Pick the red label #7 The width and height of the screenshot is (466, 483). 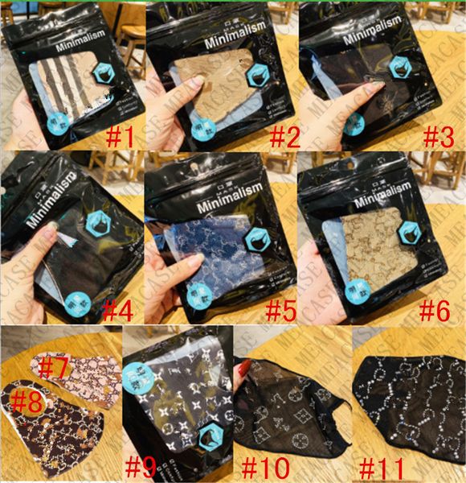tap(55, 367)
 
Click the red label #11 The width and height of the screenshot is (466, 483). tap(383, 466)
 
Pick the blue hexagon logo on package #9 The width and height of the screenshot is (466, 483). tap(212, 437)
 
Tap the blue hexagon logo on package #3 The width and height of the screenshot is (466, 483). tap(400, 68)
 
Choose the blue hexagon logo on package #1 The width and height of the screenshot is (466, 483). tap(104, 72)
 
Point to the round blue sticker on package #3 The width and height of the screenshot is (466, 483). tap(354, 123)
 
